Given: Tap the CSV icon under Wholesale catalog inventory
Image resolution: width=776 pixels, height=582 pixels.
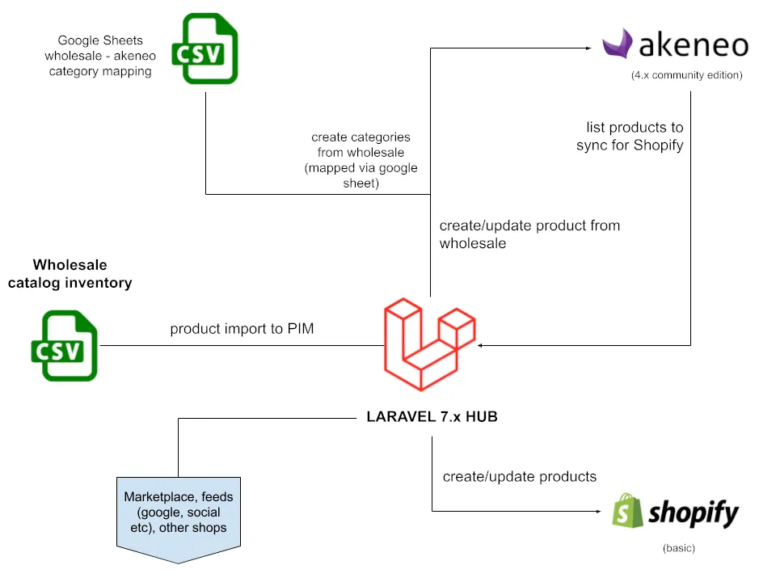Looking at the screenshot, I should tap(65, 346).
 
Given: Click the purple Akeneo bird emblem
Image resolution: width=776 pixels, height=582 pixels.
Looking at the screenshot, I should tap(617, 44).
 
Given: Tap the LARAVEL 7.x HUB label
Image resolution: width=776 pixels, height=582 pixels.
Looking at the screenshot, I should tap(432, 417).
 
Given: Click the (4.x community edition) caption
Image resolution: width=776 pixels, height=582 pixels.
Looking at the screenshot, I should tap(686, 75).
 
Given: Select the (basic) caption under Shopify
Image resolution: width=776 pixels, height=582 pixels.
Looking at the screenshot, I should tap(679, 548).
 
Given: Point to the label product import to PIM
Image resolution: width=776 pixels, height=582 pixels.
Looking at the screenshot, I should tap(242, 330).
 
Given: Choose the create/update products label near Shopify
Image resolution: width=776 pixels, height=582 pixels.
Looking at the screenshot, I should tap(520, 477).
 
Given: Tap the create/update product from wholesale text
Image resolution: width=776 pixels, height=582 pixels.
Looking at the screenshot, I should tap(529, 234).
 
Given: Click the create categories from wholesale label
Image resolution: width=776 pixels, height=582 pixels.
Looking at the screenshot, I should tap(361, 161).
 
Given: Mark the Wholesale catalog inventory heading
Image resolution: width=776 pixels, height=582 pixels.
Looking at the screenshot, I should tap(70, 274).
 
